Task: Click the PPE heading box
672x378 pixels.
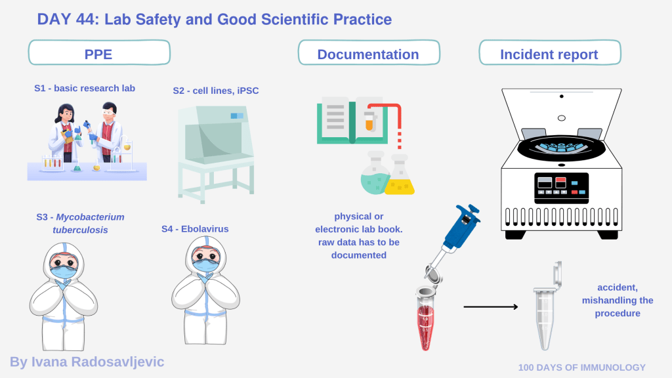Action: point(99,52)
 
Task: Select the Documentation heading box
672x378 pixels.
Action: point(369,52)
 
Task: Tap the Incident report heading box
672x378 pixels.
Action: point(549,52)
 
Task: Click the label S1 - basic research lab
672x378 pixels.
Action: point(85,89)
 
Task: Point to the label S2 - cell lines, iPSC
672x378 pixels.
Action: point(215,91)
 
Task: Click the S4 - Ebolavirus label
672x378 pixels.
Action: point(195,229)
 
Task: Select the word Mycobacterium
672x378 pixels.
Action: point(90,217)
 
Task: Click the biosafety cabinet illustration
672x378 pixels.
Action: point(216,154)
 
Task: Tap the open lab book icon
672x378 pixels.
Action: point(352,121)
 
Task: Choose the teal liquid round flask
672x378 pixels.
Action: point(375,173)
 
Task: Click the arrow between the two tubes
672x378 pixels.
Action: point(491,307)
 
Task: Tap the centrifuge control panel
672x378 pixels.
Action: point(562,188)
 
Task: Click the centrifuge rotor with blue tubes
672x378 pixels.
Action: point(562,148)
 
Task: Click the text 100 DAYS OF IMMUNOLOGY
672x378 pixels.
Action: point(581,367)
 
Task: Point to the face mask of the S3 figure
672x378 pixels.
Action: point(64,271)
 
